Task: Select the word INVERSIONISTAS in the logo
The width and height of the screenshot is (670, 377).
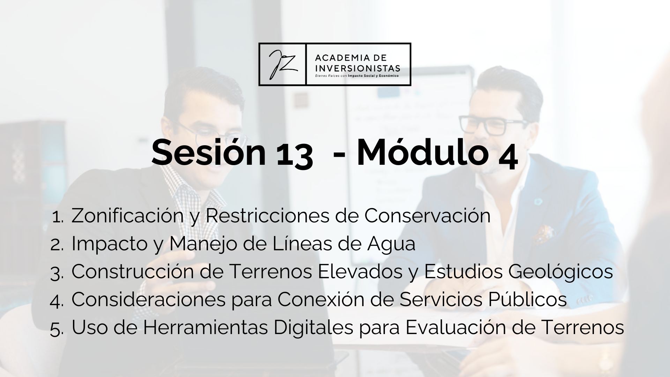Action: (357, 67)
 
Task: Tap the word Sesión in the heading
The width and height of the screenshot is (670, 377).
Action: (208, 153)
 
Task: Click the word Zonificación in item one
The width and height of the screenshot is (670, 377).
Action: (127, 215)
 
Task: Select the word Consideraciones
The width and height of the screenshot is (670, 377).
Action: (148, 299)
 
